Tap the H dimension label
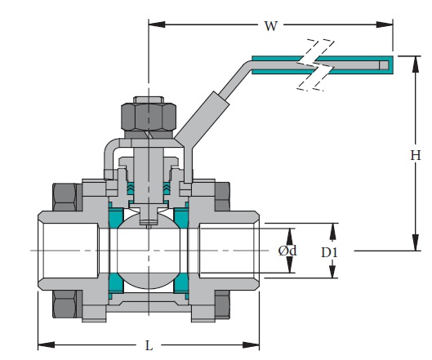[x=415, y=154]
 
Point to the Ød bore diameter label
[x=287, y=251]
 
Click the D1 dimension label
[x=329, y=252]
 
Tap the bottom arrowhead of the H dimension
[x=408, y=246]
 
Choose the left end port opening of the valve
[x=41, y=250]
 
